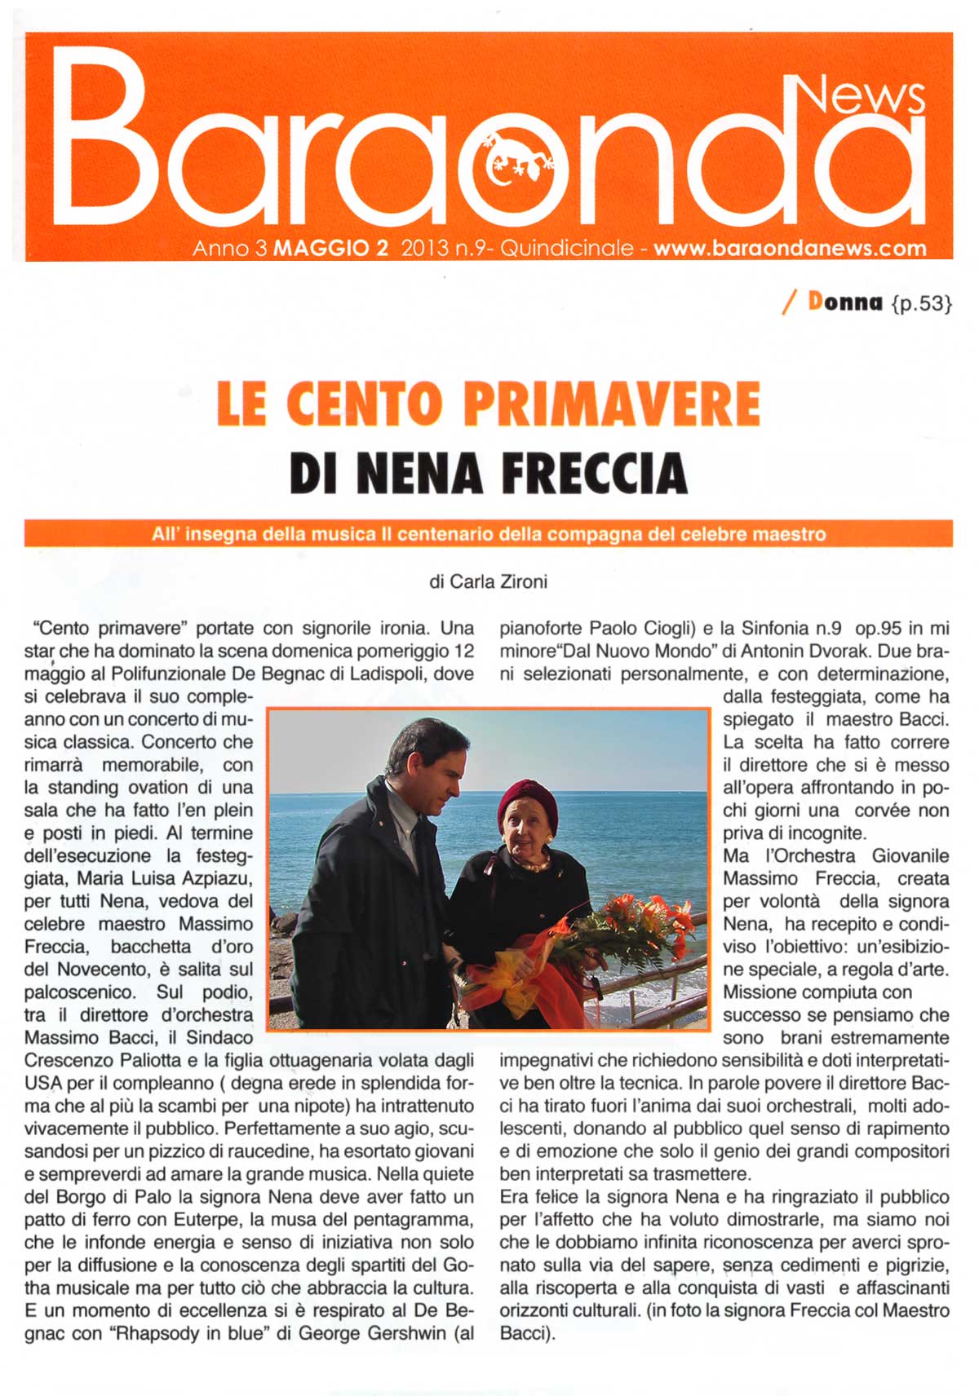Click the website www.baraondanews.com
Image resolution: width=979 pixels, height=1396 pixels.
(790, 248)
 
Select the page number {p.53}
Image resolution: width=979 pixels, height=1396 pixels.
(922, 303)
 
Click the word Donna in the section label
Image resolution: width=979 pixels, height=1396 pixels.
(845, 302)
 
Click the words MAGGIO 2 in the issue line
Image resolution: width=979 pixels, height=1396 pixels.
(330, 248)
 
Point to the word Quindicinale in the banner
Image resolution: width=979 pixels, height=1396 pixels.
(567, 248)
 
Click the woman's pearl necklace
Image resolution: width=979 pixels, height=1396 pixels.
(532, 864)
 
